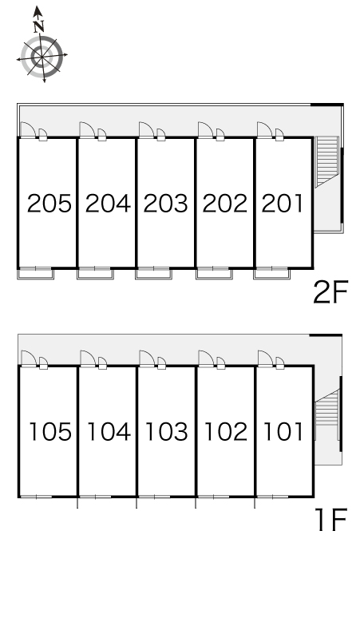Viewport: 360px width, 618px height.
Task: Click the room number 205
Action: pyautogui.click(x=49, y=204)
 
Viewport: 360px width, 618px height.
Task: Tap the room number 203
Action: pyautogui.click(x=166, y=204)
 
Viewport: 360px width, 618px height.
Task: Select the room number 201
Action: pyautogui.click(x=283, y=204)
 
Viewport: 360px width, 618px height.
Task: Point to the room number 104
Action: pyautogui.click(x=109, y=432)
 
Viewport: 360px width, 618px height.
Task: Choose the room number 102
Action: pyautogui.click(x=226, y=432)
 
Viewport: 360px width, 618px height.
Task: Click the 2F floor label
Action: pyautogui.click(x=330, y=292)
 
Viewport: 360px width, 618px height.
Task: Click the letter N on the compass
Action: pyautogui.click(x=38, y=27)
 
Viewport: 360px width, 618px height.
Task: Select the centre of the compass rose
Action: pyautogui.click(x=42, y=57)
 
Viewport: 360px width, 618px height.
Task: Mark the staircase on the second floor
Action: pyautogui.click(x=327, y=160)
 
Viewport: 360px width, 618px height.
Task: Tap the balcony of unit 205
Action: pyautogui.click(x=35, y=274)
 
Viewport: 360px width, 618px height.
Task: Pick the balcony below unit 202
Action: pyautogui.click(x=214, y=274)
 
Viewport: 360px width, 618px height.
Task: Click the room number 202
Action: pyautogui.click(x=225, y=204)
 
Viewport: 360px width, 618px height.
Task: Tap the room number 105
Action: pyautogui.click(x=50, y=432)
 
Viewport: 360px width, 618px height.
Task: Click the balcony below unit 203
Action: pyautogui.click(x=153, y=274)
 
